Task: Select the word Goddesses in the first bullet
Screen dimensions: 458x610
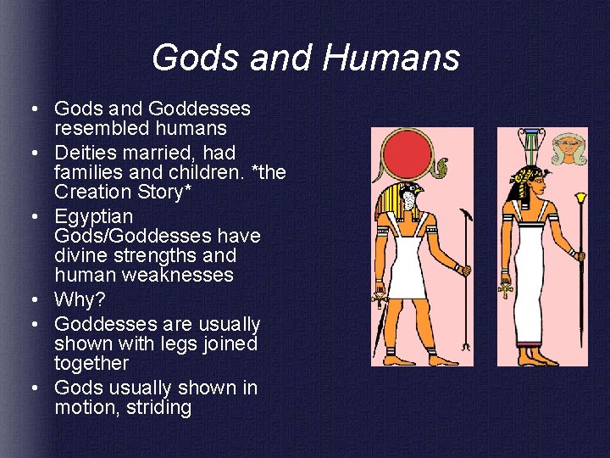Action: (199, 109)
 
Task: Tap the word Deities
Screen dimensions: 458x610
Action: (89, 154)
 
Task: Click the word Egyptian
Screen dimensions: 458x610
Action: (94, 216)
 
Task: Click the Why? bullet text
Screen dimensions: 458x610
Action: (80, 299)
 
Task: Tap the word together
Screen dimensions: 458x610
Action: (91, 363)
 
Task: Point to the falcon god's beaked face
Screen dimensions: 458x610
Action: (409, 199)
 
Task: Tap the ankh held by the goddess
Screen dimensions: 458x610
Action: (506, 290)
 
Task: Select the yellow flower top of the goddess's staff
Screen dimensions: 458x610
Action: (581, 201)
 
